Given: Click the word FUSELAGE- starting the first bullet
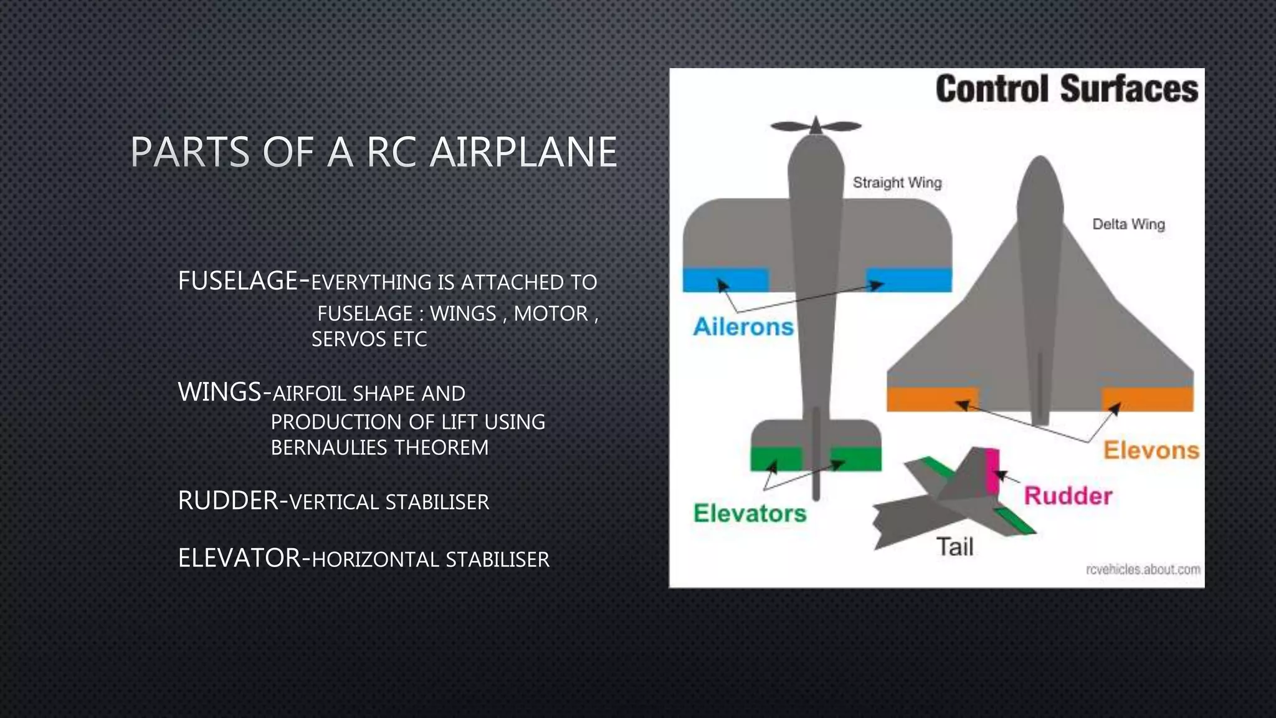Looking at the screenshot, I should coord(243,281).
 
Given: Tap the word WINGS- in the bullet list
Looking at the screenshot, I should coord(224,393).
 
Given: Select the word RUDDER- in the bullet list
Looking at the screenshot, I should coord(233,501).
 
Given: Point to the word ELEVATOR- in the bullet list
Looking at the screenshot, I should coord(244,558).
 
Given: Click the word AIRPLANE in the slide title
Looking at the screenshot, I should coord(523,153).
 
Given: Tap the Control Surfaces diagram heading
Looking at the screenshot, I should coord(1066,89).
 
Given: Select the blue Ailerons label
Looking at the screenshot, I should coord(743,327).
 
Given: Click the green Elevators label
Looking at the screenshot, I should coord(750,514).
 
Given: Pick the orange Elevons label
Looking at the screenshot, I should coord(1151,450).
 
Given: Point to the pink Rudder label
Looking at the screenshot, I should coord(1068,496).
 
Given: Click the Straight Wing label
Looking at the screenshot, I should coord(897,183).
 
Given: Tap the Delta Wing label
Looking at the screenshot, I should coord(1128,224).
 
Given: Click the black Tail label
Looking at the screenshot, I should coord(955,547).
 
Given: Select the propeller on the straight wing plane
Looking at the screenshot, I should coord(816,126).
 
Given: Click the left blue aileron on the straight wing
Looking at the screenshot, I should coord(725,280).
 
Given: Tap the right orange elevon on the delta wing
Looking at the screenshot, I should coord(1147,399).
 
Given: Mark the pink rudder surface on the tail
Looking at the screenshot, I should coord(992,470).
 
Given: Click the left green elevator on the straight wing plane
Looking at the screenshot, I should coord(775,459).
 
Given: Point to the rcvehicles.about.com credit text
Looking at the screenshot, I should coord(1143,569).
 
